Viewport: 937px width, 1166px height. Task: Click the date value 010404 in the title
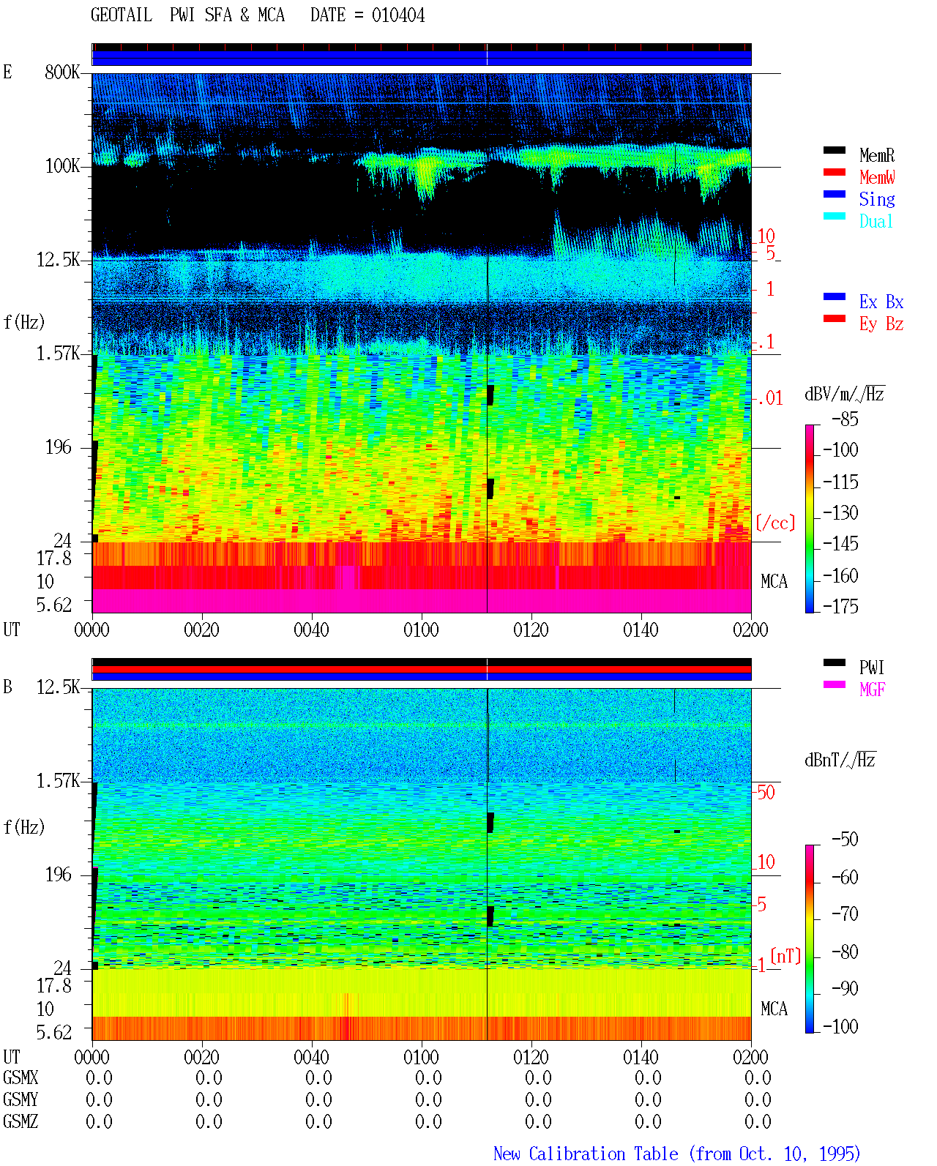point(397,15)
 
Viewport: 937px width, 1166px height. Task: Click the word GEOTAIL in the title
point(122,15)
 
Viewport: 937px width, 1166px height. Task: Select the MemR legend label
point(877,155)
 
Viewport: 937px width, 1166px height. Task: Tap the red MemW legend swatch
point(834,172)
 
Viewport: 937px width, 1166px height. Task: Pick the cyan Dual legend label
point(876,221)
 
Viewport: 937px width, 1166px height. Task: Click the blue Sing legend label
point(877,199)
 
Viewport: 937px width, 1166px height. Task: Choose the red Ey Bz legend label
point(881,324)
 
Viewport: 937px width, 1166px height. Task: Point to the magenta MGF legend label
point(872,689)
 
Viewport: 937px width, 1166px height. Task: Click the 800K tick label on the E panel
point(62,72)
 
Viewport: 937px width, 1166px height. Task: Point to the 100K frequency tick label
point(62,166)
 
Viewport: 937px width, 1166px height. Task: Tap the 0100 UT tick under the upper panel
point(421,629)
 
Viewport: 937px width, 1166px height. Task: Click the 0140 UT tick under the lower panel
point(641,1056)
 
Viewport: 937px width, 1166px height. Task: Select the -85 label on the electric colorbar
point(845,419)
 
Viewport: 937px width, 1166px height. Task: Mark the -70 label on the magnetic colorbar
point(845,913)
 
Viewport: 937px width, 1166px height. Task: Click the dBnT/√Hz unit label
point(840,760)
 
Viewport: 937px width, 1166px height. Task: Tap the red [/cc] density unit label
point(775,523)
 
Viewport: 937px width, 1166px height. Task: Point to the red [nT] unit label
point(785,955)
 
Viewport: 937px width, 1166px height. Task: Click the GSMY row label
point(20,1099)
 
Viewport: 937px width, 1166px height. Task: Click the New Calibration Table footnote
point(676,1154)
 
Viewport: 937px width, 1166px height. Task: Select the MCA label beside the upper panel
point(774,581)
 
